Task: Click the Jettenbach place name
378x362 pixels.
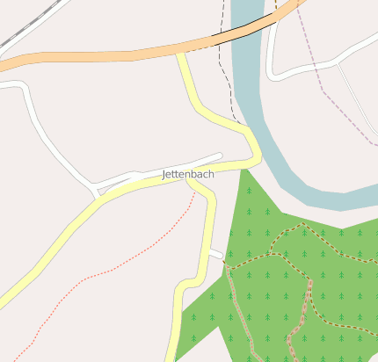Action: click(x=188, y=175)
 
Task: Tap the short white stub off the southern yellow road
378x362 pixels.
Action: click(x=216, y=255)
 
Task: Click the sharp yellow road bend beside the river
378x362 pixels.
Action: click(x=256, y=157)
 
